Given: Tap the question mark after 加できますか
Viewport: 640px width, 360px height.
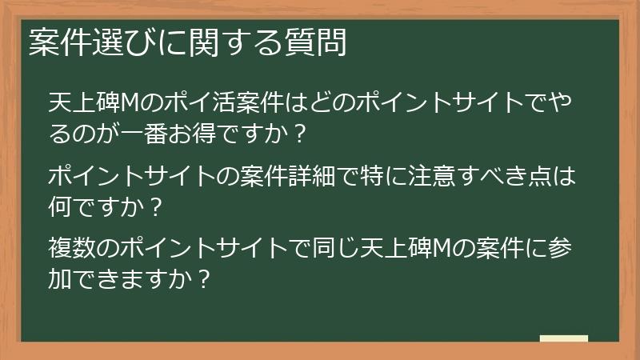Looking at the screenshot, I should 204,279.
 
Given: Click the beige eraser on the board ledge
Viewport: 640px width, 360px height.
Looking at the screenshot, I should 563,339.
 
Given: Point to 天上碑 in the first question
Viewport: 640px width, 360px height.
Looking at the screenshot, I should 84,103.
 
